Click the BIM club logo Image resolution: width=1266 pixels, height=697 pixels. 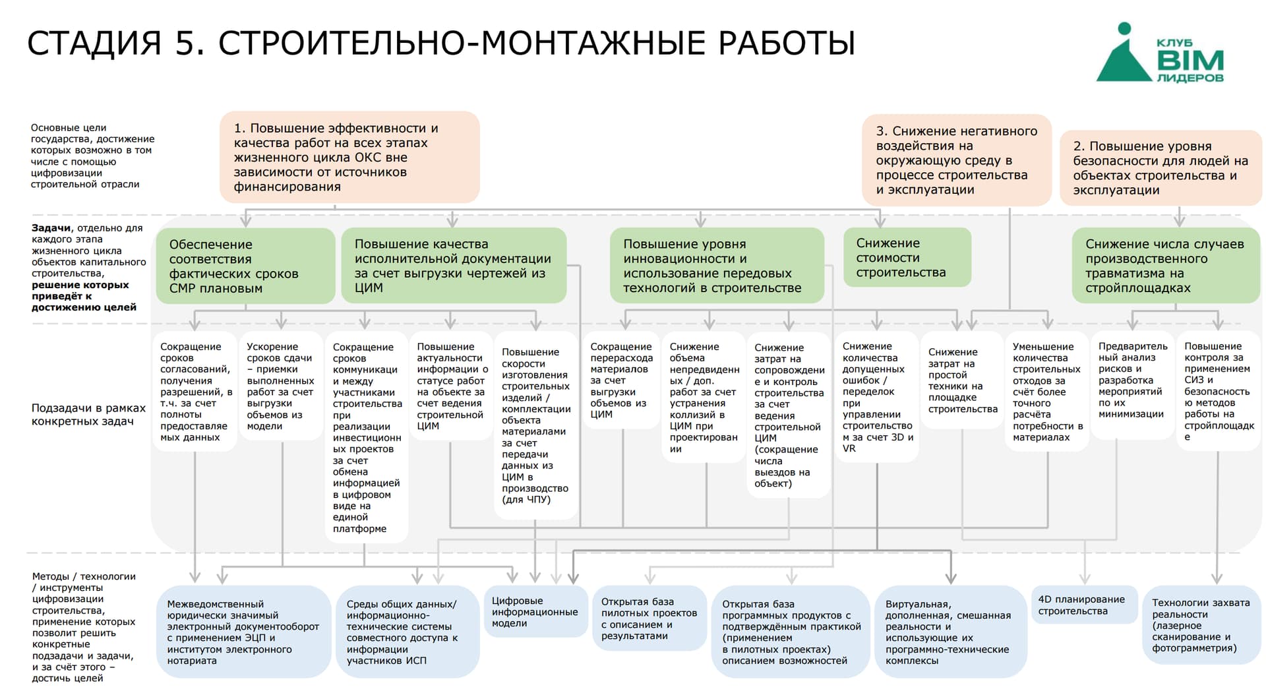pyautogui.click(x=1160, y=53)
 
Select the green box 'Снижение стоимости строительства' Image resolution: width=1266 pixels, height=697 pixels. pyautogui.click(x=907, y=257)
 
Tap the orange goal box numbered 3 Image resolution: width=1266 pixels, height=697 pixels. pyautogui.click(x=957, y=160)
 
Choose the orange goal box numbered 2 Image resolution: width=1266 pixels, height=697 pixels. pyautogui.click(x=1160, y=167)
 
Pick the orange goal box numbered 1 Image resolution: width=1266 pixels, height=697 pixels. pyautogui.click(x=349, y=157)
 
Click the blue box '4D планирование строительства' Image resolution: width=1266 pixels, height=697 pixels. pyautogui.click(x=1084, y=605)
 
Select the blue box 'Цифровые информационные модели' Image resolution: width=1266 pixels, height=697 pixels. pyautogui.click(x=535, y=611)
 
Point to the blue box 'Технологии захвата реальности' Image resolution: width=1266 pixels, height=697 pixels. pyautogui.click(x=1202, y=624)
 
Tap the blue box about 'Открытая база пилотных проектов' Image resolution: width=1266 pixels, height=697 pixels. pyautogui.click(x=649, y=618)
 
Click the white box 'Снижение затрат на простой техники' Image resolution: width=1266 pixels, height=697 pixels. pyautogui.click(x=963, y=380)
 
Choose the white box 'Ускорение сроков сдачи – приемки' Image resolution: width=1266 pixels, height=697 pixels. pyautogui.click(x=281, y=386)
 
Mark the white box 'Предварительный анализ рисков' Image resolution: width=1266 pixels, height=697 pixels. pyautogui.click(x=1132, y=386)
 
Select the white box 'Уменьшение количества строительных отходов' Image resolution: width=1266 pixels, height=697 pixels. pyautogui.click(x=1047, y=392)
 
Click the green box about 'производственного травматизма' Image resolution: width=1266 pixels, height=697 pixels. pyautogui.click(x=1166, y=265)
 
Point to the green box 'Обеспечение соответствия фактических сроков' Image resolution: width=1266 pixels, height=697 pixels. pyautogui.click(x=245, y=266)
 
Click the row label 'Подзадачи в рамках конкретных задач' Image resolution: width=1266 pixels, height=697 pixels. pyautogui.click(x=88, y=415)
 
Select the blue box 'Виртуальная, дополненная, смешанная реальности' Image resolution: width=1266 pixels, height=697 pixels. pyautogui.click(x=951, y=632)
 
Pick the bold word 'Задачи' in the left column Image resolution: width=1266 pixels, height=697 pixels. pyautogui.click(x=51, y=228)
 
